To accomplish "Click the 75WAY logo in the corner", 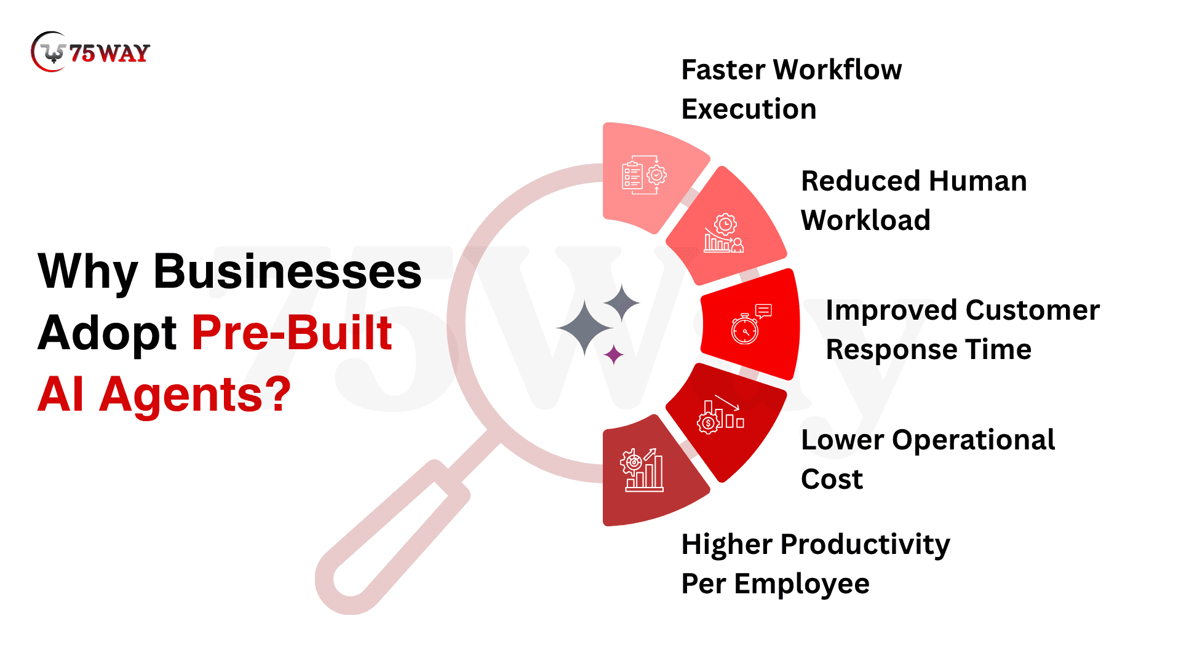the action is click(x=90, y=52).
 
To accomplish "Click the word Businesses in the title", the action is click(x=287, y=271).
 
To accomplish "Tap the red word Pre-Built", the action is click(x=292, y=333).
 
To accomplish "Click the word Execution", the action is click(x=749, y=109).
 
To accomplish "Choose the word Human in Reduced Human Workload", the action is click(x=978, y=181).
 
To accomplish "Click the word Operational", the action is click(x=973, y=440).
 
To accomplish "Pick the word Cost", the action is click(x=832, y=479).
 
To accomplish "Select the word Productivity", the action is click(x=865, y=545).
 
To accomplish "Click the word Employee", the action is click(x=801, y=584).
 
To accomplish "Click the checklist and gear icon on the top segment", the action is click(x=644, y=175).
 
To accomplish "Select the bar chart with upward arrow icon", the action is click(x=642, y=470).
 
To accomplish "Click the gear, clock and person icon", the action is click(x=724, y=233).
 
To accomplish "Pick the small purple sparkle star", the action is click(x=613, y=355).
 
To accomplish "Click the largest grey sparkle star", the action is click(x=584, y=328).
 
